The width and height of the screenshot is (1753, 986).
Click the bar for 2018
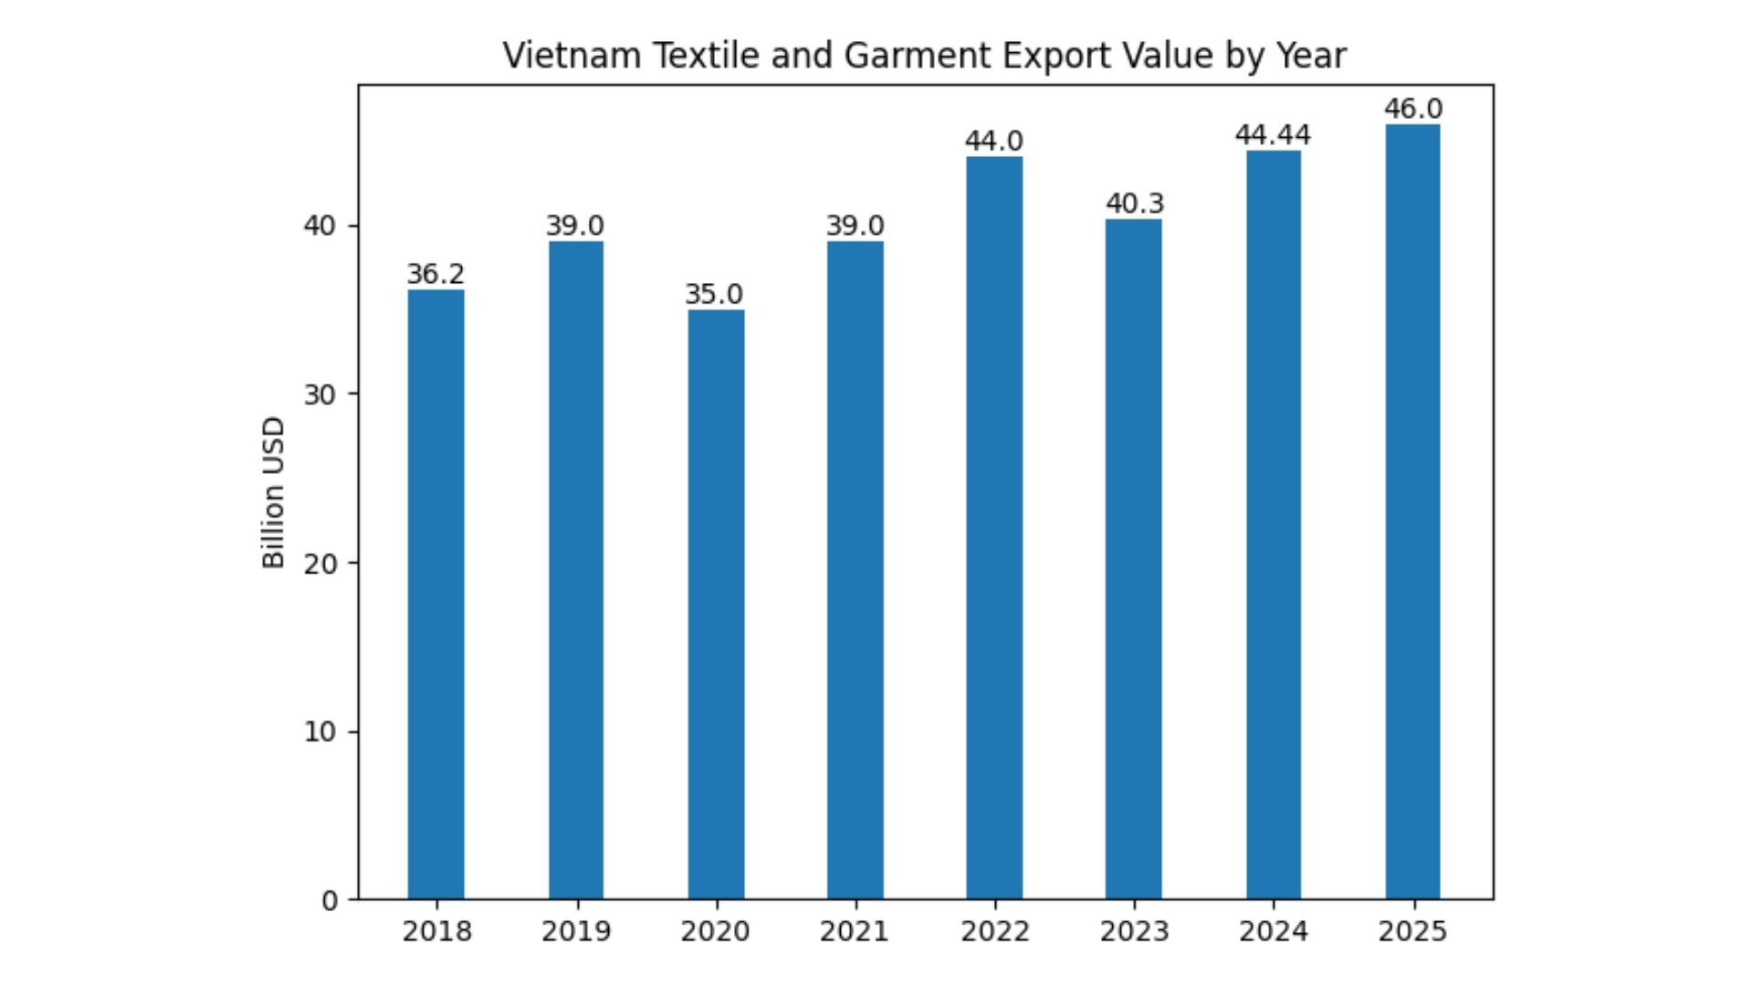[x=436, y=593]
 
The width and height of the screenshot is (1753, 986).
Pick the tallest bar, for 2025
[x=1412, y=511]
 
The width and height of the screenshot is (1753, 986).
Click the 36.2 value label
[x=436, y=274]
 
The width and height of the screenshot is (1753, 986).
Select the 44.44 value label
[x=1273, y=135]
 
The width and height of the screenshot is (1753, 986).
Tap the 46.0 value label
[x=1412, y=109]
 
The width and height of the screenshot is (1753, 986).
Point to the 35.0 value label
[x=714, y=294]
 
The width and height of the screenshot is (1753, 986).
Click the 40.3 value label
[x=1135, y=203]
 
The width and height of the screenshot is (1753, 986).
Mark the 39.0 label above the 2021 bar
[x=855, y=226]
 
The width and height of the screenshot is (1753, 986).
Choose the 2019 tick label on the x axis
[x=575, y=931]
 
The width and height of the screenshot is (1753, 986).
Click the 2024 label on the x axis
[x=1273, y=931]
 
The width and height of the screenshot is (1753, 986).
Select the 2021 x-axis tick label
[x=854, y=931]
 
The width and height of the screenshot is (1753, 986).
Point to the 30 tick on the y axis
[x=320, y=394]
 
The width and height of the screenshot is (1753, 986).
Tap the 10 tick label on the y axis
[x=320, y=732]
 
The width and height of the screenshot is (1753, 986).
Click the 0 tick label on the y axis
[x=330, y=901]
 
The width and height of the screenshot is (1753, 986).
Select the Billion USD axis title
[x=273, y=493]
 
